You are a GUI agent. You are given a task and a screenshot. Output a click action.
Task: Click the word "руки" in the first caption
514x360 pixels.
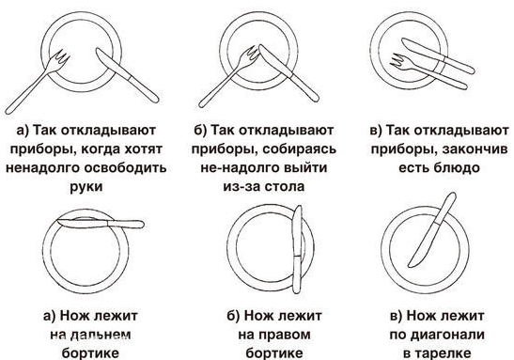[x=86, y=187]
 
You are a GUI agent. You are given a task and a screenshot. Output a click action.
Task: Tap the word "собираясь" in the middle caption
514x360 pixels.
[x=300, y=149]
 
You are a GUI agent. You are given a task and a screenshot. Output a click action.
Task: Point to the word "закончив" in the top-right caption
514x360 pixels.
[x=475, y=149]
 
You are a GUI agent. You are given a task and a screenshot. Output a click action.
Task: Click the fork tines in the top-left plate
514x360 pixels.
[x=62, y=57]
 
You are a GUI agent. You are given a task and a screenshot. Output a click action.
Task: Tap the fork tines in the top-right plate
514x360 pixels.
[x=397, y=61]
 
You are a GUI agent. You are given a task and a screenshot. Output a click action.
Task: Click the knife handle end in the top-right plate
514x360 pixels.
[x=471, y=70]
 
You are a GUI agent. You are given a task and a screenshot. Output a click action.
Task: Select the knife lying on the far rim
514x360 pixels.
[x=101, y=224]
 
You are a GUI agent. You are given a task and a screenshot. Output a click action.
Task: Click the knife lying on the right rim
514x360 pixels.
[x=297, y=249]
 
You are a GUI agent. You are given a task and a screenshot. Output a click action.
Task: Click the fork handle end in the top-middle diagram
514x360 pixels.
[x=202, y=104]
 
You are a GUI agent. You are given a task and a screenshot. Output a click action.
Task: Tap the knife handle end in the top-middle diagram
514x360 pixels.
[x=316, y=98]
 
